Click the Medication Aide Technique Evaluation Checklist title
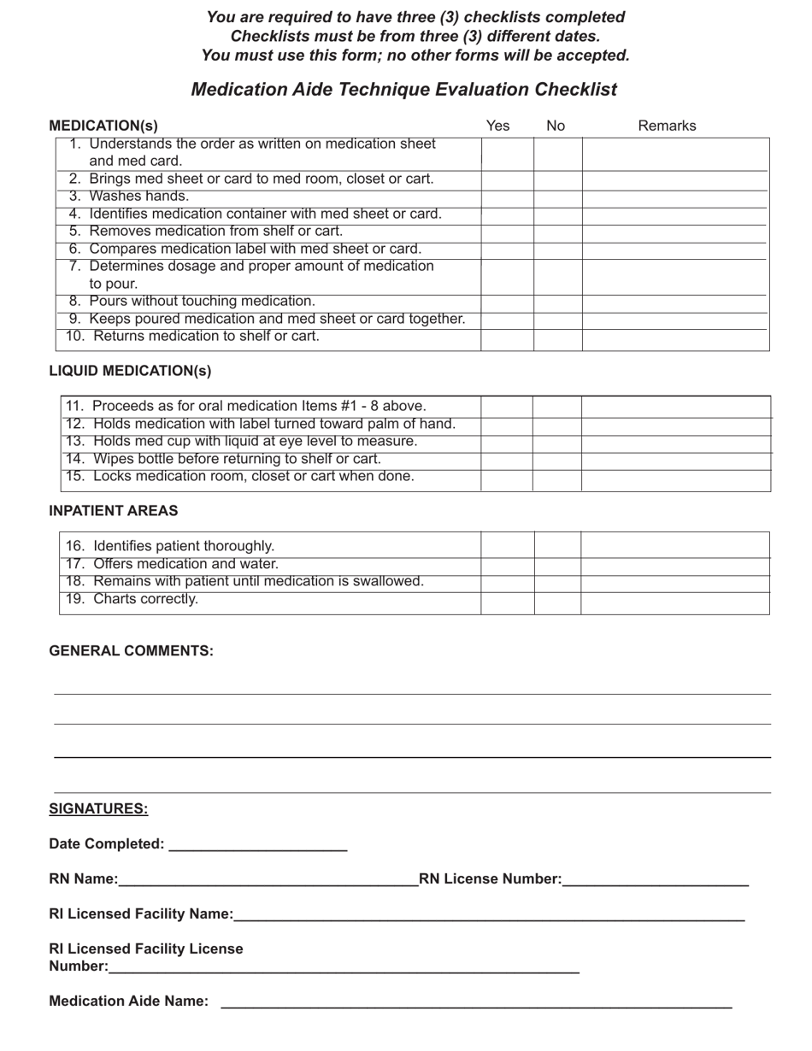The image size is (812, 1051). (403, 90)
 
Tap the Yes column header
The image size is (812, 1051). (497, 126)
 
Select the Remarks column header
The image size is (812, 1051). (667, 126)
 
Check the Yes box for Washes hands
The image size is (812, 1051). (507, 197)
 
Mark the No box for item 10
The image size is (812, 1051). (558, 339)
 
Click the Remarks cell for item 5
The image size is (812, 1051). (675, 232)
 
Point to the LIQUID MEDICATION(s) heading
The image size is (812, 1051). (130, 371)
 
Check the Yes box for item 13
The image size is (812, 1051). (506, 443)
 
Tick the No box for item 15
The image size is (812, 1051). (557, 480)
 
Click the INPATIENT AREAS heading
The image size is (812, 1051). (114, 511)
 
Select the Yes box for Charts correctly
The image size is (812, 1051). (508, 602)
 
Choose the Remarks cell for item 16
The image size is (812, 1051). (675, 544)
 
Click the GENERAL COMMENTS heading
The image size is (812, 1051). (131, 651)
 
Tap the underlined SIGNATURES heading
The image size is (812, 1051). (98, 809)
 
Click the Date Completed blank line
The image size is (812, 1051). (258, 844)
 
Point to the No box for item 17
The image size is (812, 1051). (557, 566)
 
